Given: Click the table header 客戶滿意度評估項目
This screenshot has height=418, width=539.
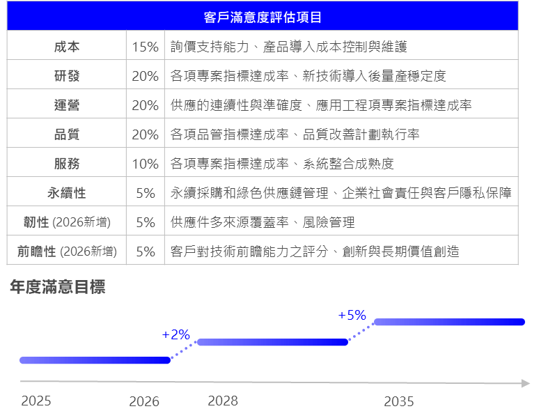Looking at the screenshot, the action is tap(263, 17).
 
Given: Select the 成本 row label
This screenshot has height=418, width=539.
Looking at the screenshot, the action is tap(67, 47).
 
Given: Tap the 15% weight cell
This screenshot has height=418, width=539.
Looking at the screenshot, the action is tap(145, 47).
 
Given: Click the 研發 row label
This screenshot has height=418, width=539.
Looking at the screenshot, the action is tap(67, 76).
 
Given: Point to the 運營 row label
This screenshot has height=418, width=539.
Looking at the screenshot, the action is tap(67, 104).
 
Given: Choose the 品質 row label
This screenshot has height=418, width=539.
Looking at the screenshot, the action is tap(67, 134).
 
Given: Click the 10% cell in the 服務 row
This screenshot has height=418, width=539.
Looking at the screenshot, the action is tap(145, 164).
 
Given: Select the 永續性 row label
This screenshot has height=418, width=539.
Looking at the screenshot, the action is tap(67, 193).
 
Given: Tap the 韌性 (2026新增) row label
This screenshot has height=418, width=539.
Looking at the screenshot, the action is tap(67, 222).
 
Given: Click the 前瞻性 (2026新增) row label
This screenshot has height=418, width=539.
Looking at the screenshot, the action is tap(67, 251).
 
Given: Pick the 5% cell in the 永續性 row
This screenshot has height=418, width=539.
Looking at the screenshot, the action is tap(146, 193).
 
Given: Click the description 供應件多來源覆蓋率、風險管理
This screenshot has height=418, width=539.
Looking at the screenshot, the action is tap(263, 222).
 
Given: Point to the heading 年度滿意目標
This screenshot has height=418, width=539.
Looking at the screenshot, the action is tap(57, 287).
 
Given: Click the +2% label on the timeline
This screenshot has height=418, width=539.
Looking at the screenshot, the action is tap(175, 334).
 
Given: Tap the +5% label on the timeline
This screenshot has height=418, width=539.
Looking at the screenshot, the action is tap(352, 315).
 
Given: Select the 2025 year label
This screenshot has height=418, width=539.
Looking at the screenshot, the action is tap(36, 401).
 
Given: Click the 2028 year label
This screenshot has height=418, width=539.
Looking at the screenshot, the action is tap(223, 401).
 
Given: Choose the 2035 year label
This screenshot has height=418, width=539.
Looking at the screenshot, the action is tap(399, 401).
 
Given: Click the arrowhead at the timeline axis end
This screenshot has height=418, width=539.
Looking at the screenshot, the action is tap(526, 383).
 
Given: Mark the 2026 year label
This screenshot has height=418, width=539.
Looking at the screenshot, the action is tap(144, 401).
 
